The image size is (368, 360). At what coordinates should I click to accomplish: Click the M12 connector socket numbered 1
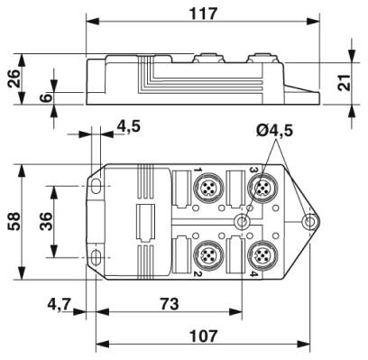(210, 189)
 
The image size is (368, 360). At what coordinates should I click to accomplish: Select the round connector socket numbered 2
(210, 253)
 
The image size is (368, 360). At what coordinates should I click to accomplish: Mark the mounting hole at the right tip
(309, 222)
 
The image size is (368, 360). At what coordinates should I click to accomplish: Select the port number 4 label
(252, 274)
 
